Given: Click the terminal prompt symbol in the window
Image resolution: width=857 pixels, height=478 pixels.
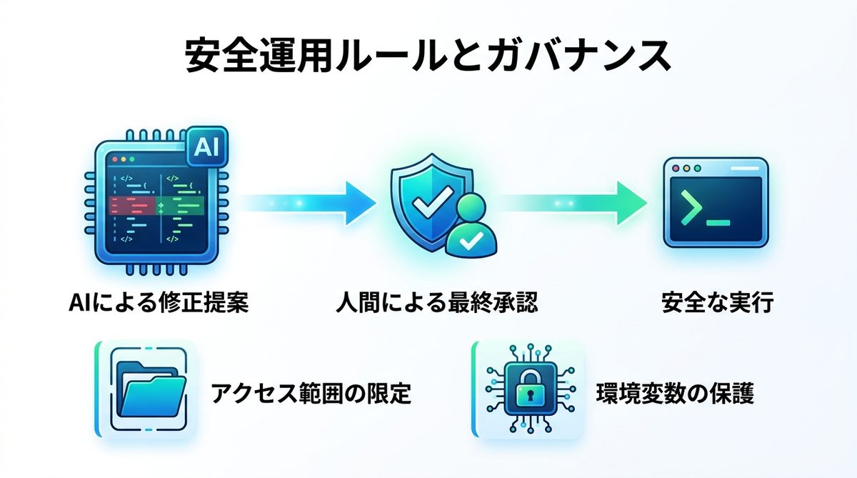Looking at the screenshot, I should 690,209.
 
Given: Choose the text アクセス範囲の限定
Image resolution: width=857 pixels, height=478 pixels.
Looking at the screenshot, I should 311,393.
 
